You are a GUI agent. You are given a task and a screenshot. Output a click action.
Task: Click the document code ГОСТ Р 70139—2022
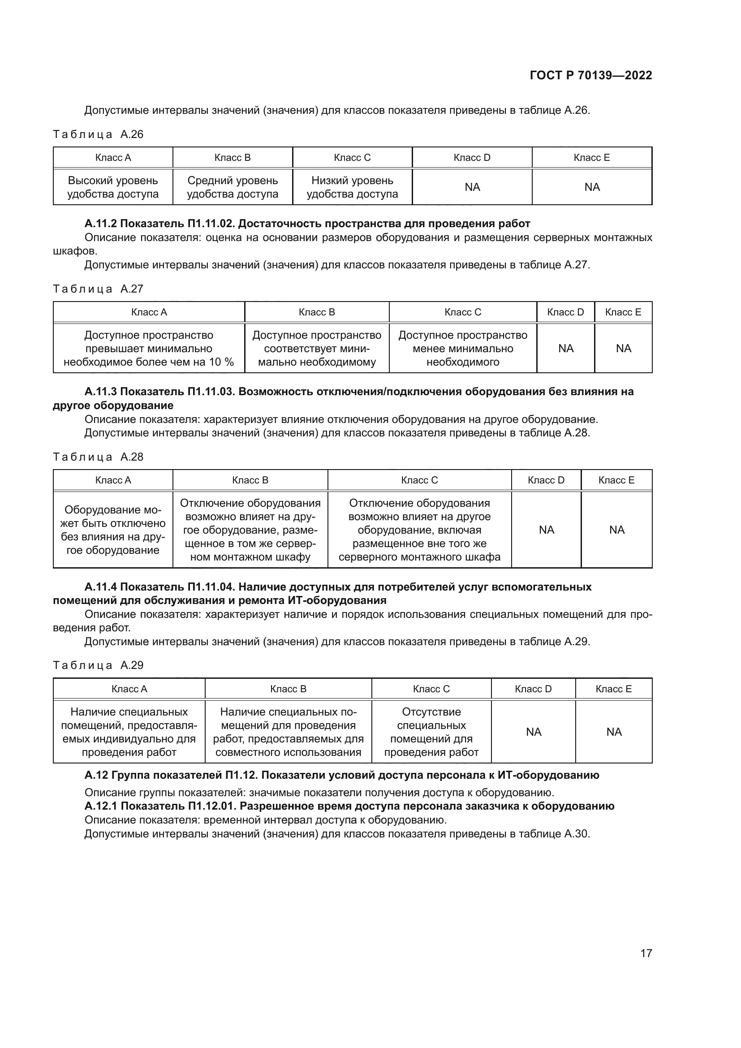click(x=590, y=75)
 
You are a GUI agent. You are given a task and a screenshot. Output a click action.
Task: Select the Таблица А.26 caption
click(x=98, y=134)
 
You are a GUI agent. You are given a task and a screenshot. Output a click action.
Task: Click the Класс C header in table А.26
click(x=352, y=157)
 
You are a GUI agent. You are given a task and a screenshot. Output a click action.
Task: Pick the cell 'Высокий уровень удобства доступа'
click(x=113, y=187)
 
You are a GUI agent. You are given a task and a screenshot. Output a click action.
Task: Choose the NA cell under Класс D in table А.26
click(x=472, y=187)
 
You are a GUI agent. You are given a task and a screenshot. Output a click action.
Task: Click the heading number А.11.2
click(x=100, y=224)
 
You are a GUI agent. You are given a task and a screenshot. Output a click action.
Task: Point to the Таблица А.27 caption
click(x=98, y=289)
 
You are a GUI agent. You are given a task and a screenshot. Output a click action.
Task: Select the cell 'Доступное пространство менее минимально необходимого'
click(x=463, y=348)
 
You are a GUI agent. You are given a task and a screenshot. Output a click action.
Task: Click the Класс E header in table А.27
click(x=623, y=312)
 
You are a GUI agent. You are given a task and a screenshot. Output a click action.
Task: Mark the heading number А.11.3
click(x=100, y=392)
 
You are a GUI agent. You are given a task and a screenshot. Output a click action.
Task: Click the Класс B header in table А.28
click(x=250, y=480)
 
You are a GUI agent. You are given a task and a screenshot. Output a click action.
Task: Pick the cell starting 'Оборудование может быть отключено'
click(x=113, y=530)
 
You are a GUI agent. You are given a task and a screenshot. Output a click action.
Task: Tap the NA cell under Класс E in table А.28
click(x=616, y=530)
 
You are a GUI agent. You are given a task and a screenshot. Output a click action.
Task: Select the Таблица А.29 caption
click(x=98, y=665)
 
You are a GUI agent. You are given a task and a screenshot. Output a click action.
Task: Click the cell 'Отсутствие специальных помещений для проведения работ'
click(x=431, y=732)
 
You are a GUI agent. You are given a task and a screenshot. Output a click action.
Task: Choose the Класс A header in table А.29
click(x=129, y=689)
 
